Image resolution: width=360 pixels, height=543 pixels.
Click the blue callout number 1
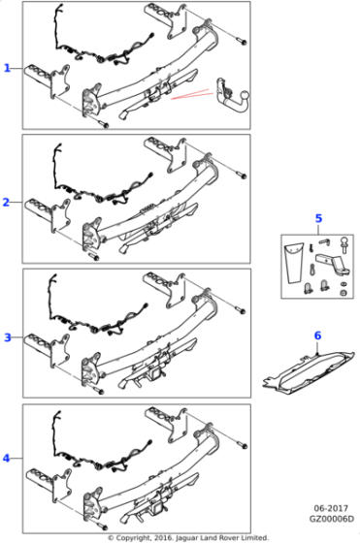coord(7,68)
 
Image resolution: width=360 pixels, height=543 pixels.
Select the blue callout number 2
coord(7,202)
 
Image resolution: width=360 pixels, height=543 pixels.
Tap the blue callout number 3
coord(7,336)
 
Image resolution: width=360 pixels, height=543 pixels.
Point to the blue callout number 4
coord(7,458)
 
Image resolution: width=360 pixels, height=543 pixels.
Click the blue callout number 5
coord(317,218)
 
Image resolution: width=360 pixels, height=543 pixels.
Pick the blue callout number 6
coord(316,335)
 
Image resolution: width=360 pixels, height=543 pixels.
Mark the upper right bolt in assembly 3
coord(236,309)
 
